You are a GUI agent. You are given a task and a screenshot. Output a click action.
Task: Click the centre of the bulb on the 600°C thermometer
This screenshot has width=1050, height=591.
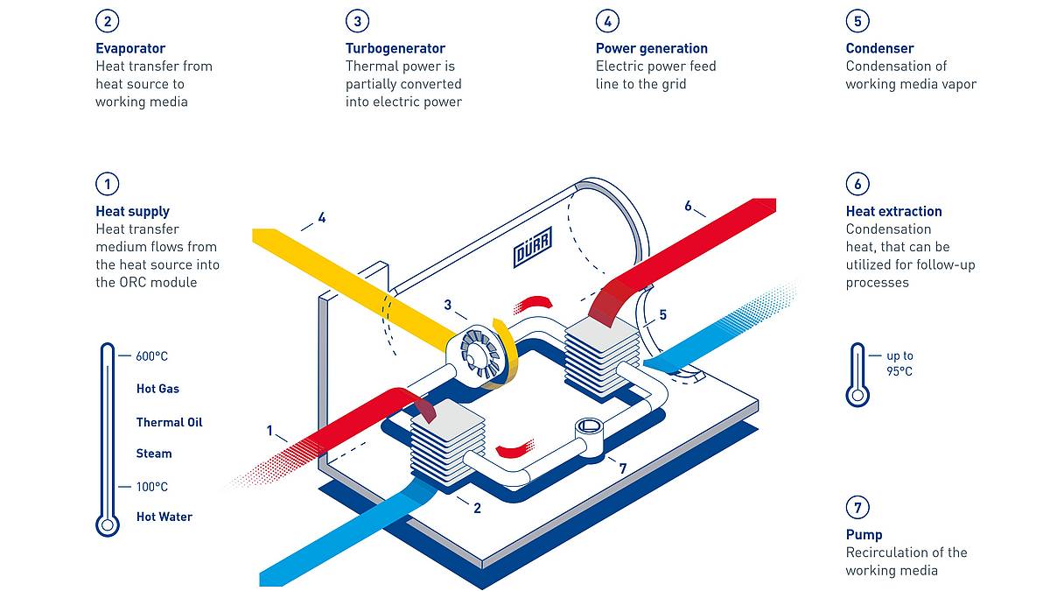point(108,524)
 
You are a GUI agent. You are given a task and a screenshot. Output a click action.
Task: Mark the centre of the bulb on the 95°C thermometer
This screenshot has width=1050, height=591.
point(857,395)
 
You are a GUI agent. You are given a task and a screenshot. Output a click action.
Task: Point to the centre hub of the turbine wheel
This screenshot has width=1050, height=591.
point(479,355)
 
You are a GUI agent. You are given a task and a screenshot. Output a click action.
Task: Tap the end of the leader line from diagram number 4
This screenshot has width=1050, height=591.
point(301,230)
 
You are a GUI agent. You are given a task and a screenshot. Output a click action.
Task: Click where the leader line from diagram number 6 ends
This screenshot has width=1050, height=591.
point(705,217)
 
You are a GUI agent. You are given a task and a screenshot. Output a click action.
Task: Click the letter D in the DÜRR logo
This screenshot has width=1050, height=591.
point(520,255)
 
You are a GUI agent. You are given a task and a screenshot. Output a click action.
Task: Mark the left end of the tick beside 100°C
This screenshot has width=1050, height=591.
point(118,487)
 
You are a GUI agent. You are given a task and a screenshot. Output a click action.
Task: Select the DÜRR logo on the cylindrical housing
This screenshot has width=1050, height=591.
point(533,247)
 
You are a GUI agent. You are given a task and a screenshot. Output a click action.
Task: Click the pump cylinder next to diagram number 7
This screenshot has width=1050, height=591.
point(589,437)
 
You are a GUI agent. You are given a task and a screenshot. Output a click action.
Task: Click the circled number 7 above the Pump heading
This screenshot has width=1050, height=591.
point(857,507)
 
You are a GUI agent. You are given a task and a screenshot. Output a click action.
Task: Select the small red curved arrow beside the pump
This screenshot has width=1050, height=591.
point(514,448)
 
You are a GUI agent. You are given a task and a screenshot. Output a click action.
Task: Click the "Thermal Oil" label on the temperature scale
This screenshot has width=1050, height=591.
point(169,422)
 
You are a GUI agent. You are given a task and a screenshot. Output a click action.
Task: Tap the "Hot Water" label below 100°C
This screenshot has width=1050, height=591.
point(164,517)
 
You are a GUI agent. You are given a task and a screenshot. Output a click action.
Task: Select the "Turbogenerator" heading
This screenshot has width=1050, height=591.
point(395,48)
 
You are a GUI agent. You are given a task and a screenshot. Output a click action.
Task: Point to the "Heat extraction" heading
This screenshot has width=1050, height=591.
point(893,211)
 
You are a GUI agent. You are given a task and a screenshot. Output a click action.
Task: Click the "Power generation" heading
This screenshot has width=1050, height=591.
point(652,48)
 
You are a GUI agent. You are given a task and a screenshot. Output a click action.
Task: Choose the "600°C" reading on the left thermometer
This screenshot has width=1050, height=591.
point(151,356)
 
